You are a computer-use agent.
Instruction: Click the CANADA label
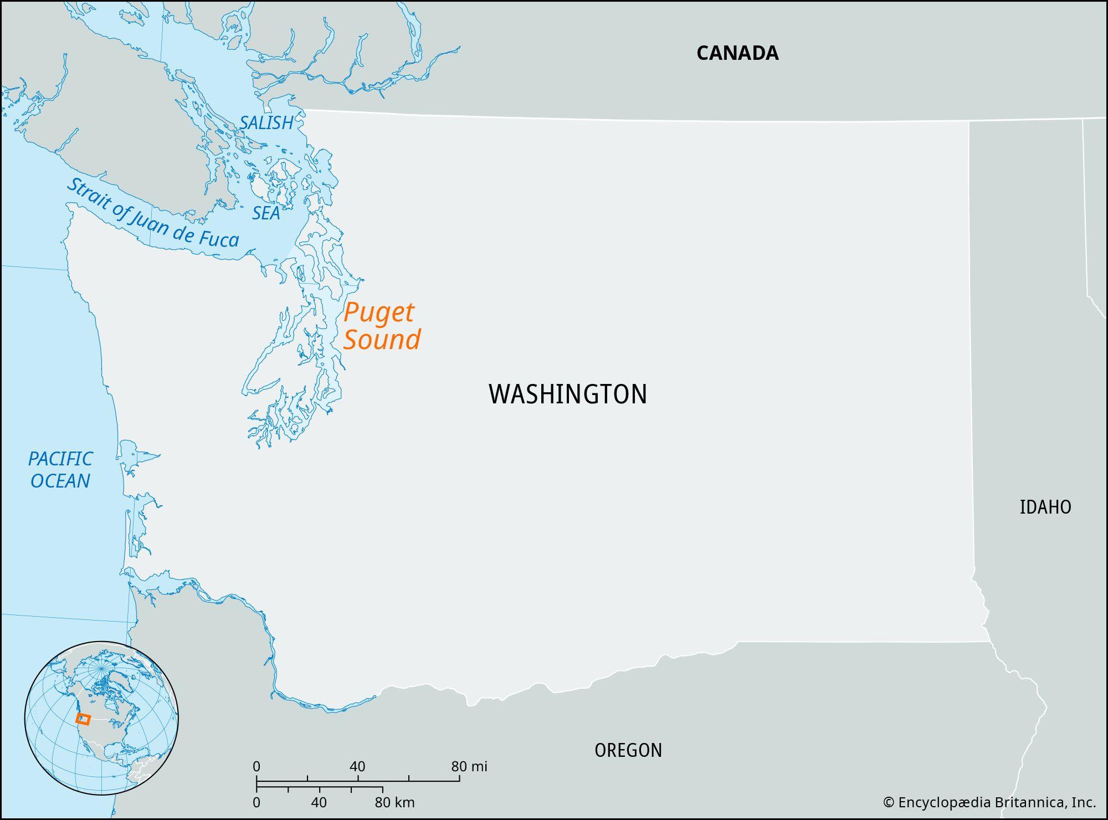tap(737, 53)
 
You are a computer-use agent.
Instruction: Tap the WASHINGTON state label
tap(568, 394)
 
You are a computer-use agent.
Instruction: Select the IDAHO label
tap(1045, 507)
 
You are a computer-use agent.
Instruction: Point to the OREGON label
tap(628, 750)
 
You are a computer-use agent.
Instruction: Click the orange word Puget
tap(378, 313)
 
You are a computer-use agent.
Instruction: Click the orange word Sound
tap(382, 340)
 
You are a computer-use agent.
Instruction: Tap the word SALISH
tap(266, 122)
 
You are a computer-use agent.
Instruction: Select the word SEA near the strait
tap(266, 213)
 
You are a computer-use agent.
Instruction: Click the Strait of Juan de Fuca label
tap(152, 213)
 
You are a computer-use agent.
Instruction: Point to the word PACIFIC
tap(60, 459)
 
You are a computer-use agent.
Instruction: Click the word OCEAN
tap(60, 481)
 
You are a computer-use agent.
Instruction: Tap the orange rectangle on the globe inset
tap(83, 719)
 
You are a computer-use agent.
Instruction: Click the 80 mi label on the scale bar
tap(469, 767)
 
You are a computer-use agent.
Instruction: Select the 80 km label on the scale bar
tap(394, 802)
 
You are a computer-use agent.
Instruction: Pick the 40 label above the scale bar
tap(357, 767)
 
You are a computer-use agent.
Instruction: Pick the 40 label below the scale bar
tap(319, 802)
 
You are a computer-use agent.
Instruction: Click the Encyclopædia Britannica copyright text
tap(989, 802)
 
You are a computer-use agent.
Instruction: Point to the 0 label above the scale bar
tap(257, 767)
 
